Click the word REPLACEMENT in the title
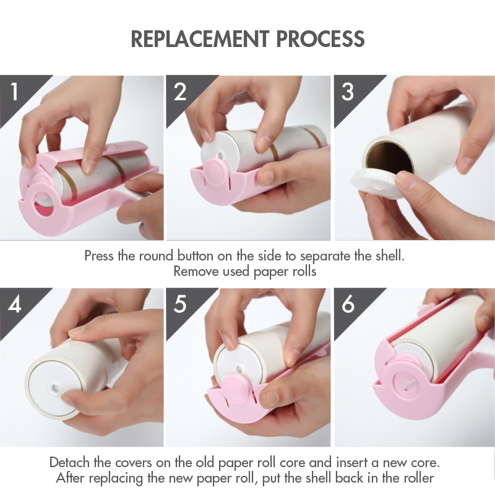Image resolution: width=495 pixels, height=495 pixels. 199,39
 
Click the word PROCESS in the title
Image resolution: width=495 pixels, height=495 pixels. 321,39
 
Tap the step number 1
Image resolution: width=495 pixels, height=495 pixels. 14,92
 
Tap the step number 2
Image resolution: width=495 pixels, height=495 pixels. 180,92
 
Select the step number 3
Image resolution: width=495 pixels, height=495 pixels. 348,92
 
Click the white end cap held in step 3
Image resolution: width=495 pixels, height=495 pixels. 376,183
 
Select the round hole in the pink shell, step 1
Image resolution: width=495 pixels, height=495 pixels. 43,207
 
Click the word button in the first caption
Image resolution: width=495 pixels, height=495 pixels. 195,256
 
